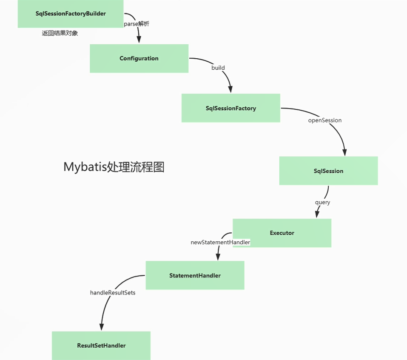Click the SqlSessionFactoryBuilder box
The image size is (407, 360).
pyautogui.click(x=71, y=14)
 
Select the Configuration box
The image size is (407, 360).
pyautogui.click(x=139, y=58)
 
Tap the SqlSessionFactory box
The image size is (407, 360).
pyautogui.click(x=231, y=108)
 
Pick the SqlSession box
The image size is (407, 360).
pyautogui.click(x=328, y=171)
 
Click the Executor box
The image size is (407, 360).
pyautogui.click(x=282, y=233)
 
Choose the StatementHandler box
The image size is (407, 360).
pyautogui.click(x=195, y=275)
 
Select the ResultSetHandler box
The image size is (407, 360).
pyautogui.click(x=101, y=346)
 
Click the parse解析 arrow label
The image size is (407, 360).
pyautogui.click(x=137, y=24)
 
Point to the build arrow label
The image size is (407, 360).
pyautogui.click(x=218, y=68)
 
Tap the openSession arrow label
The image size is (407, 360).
pyautogui.click(x=325, y=120)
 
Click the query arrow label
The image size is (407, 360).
pyautogui.click(x=322, y=202)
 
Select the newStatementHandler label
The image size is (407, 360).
pyautogui.click(x=220, y=242)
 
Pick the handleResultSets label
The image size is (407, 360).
pyautogui.click(x=113, y=293)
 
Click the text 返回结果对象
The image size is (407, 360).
pyautogui.click(x=60, y=33)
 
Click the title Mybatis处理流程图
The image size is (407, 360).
pyautogui.click(x=114, y=167)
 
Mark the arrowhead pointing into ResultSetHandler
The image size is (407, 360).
pyautogui.click(x=101, y=327)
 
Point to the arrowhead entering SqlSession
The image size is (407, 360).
pyautogui.click(x=344, y=152)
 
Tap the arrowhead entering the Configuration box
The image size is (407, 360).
pyautogui.click(x=139, y=40)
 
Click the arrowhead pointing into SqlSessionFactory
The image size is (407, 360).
pyautogui.click(x=231, y=89)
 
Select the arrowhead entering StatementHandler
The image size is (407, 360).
pyautogui.click(x=218, y=257)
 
